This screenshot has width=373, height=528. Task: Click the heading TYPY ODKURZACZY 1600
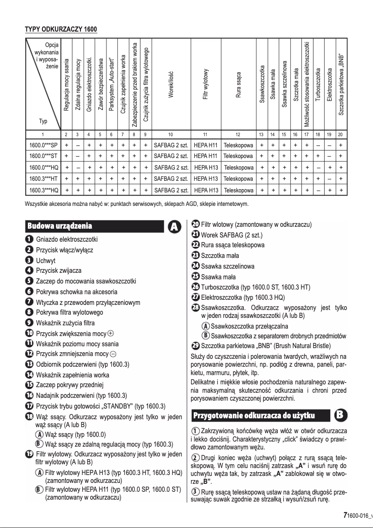tap(61, 30)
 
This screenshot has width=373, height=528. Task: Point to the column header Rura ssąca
tap(238, 86)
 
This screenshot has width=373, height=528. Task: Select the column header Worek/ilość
tap(171, 86)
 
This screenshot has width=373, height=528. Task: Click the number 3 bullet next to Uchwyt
tap(29, 261)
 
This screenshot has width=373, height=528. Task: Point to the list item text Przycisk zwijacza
tap(62, 271)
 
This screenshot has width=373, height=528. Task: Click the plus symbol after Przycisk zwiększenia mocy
tap(110, 333)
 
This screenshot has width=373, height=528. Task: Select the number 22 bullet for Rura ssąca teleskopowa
tap(196, 245)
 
